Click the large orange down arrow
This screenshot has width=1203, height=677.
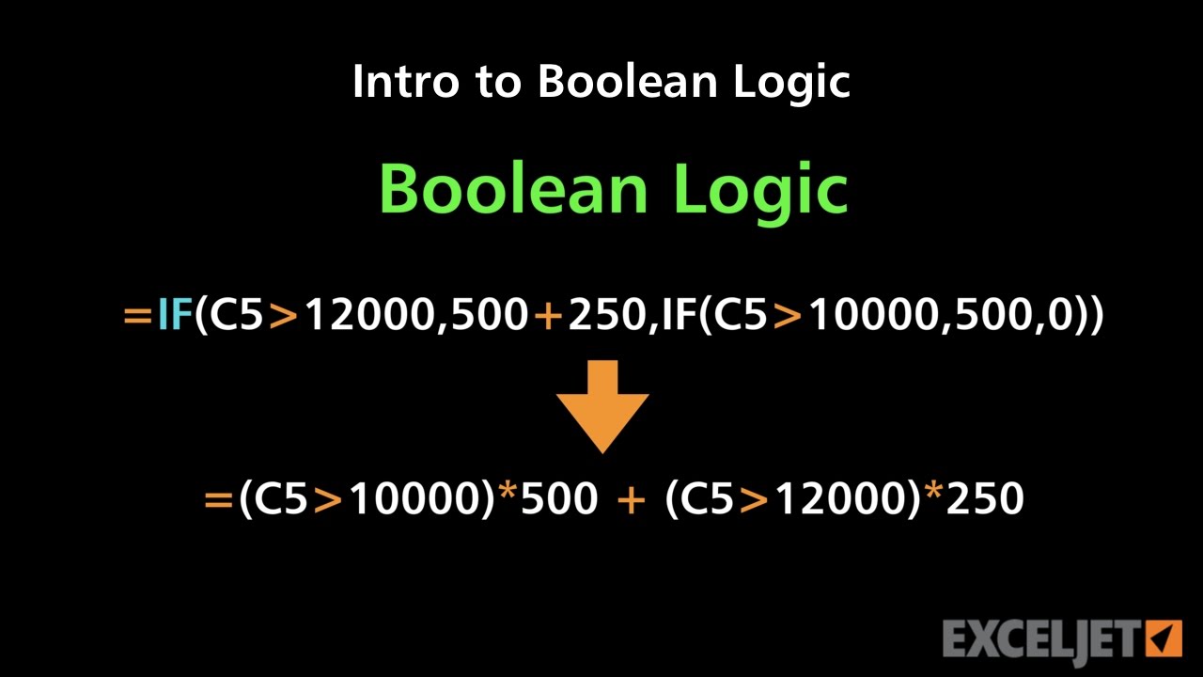602,404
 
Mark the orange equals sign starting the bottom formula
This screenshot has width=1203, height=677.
217,499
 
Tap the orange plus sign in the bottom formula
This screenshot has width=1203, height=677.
631,499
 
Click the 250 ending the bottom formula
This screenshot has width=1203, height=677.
985,499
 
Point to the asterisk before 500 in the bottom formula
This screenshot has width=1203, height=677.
508,495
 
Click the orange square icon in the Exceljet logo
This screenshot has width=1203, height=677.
1164,638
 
